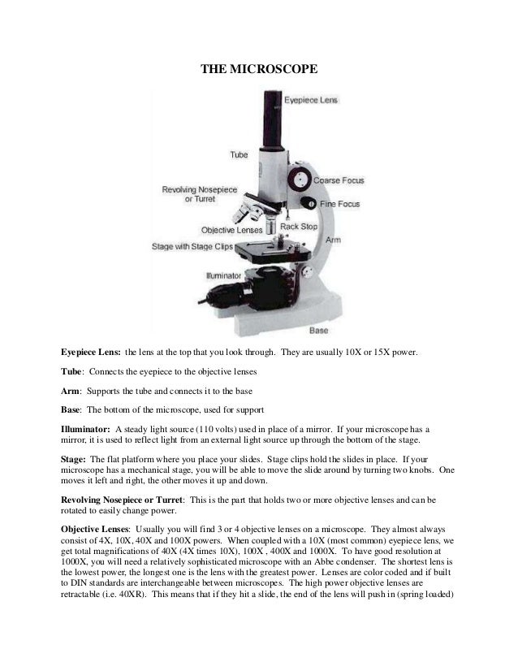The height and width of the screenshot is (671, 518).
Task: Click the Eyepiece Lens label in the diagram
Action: click(x=310, y=100)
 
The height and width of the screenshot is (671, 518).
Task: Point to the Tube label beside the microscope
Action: click(x=240, y=153)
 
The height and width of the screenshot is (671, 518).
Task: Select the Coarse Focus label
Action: click(x=339, y=180)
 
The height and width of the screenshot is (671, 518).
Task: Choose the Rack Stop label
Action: click(x=298, y=227)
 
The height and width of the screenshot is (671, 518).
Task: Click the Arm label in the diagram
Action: click(x=333, y=240)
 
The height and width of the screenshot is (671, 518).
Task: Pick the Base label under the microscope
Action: click(x=319, y=331)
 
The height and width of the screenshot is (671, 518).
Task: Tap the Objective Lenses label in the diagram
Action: click(x=231, y=230)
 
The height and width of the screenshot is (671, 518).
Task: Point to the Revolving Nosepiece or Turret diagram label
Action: click(x=199, y=193)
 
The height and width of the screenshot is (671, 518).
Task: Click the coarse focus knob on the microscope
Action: click(x=300, y=179)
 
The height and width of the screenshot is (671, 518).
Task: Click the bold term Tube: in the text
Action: click(x=76, y=372)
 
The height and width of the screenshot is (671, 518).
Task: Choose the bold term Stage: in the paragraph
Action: click(x=77, y=459)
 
